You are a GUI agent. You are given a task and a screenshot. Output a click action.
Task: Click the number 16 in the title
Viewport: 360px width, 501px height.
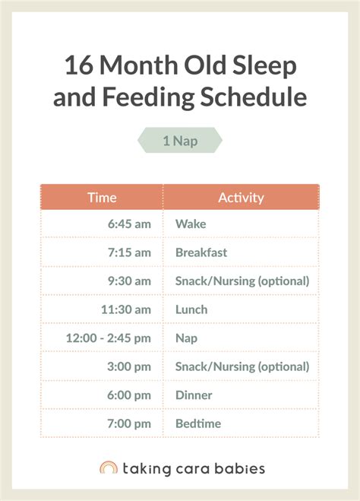79,65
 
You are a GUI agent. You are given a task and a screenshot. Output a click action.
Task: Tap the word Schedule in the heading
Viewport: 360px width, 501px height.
254,97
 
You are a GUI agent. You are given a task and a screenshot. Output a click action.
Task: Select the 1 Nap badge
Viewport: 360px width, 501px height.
180,141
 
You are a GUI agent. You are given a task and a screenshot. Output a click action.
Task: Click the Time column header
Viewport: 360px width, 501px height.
102,198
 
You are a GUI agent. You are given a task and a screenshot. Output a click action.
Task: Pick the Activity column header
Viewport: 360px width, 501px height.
241,198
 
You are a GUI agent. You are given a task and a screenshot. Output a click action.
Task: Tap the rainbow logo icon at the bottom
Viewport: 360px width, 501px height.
109,463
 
